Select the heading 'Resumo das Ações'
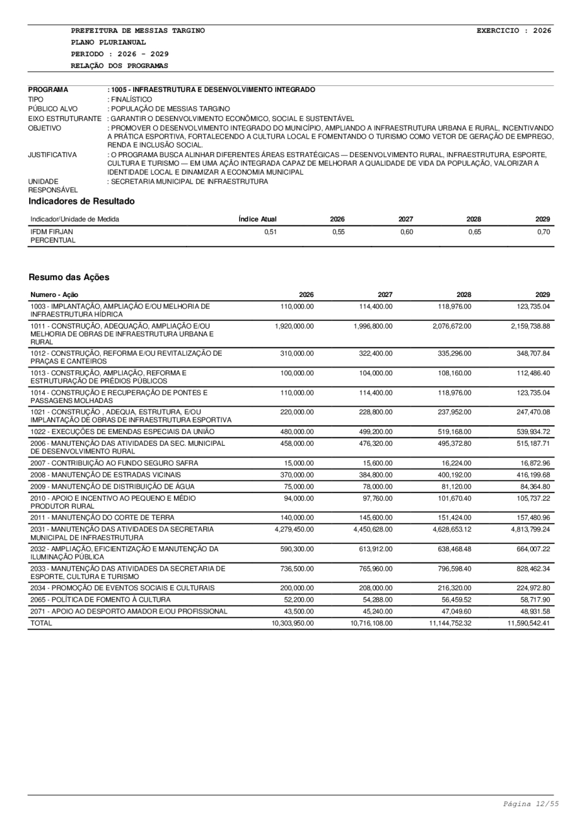coord(69,277)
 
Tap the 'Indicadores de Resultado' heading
coord(81,201)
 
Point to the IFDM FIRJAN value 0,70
coord(543,232)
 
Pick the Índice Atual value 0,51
coord(271,232)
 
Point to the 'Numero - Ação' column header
coord(54,294)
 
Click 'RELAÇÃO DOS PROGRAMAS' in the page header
coord(120,65)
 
